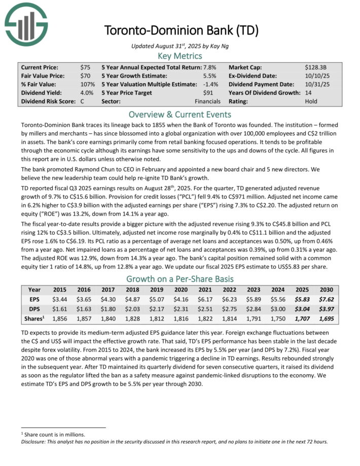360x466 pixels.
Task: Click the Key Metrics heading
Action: [180, 56]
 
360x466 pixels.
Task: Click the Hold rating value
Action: [311, 101]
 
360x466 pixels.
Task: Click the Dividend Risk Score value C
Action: [82, 101]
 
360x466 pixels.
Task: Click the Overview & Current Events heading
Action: [180, 114]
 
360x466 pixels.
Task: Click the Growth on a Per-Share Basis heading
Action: [180, 278]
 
